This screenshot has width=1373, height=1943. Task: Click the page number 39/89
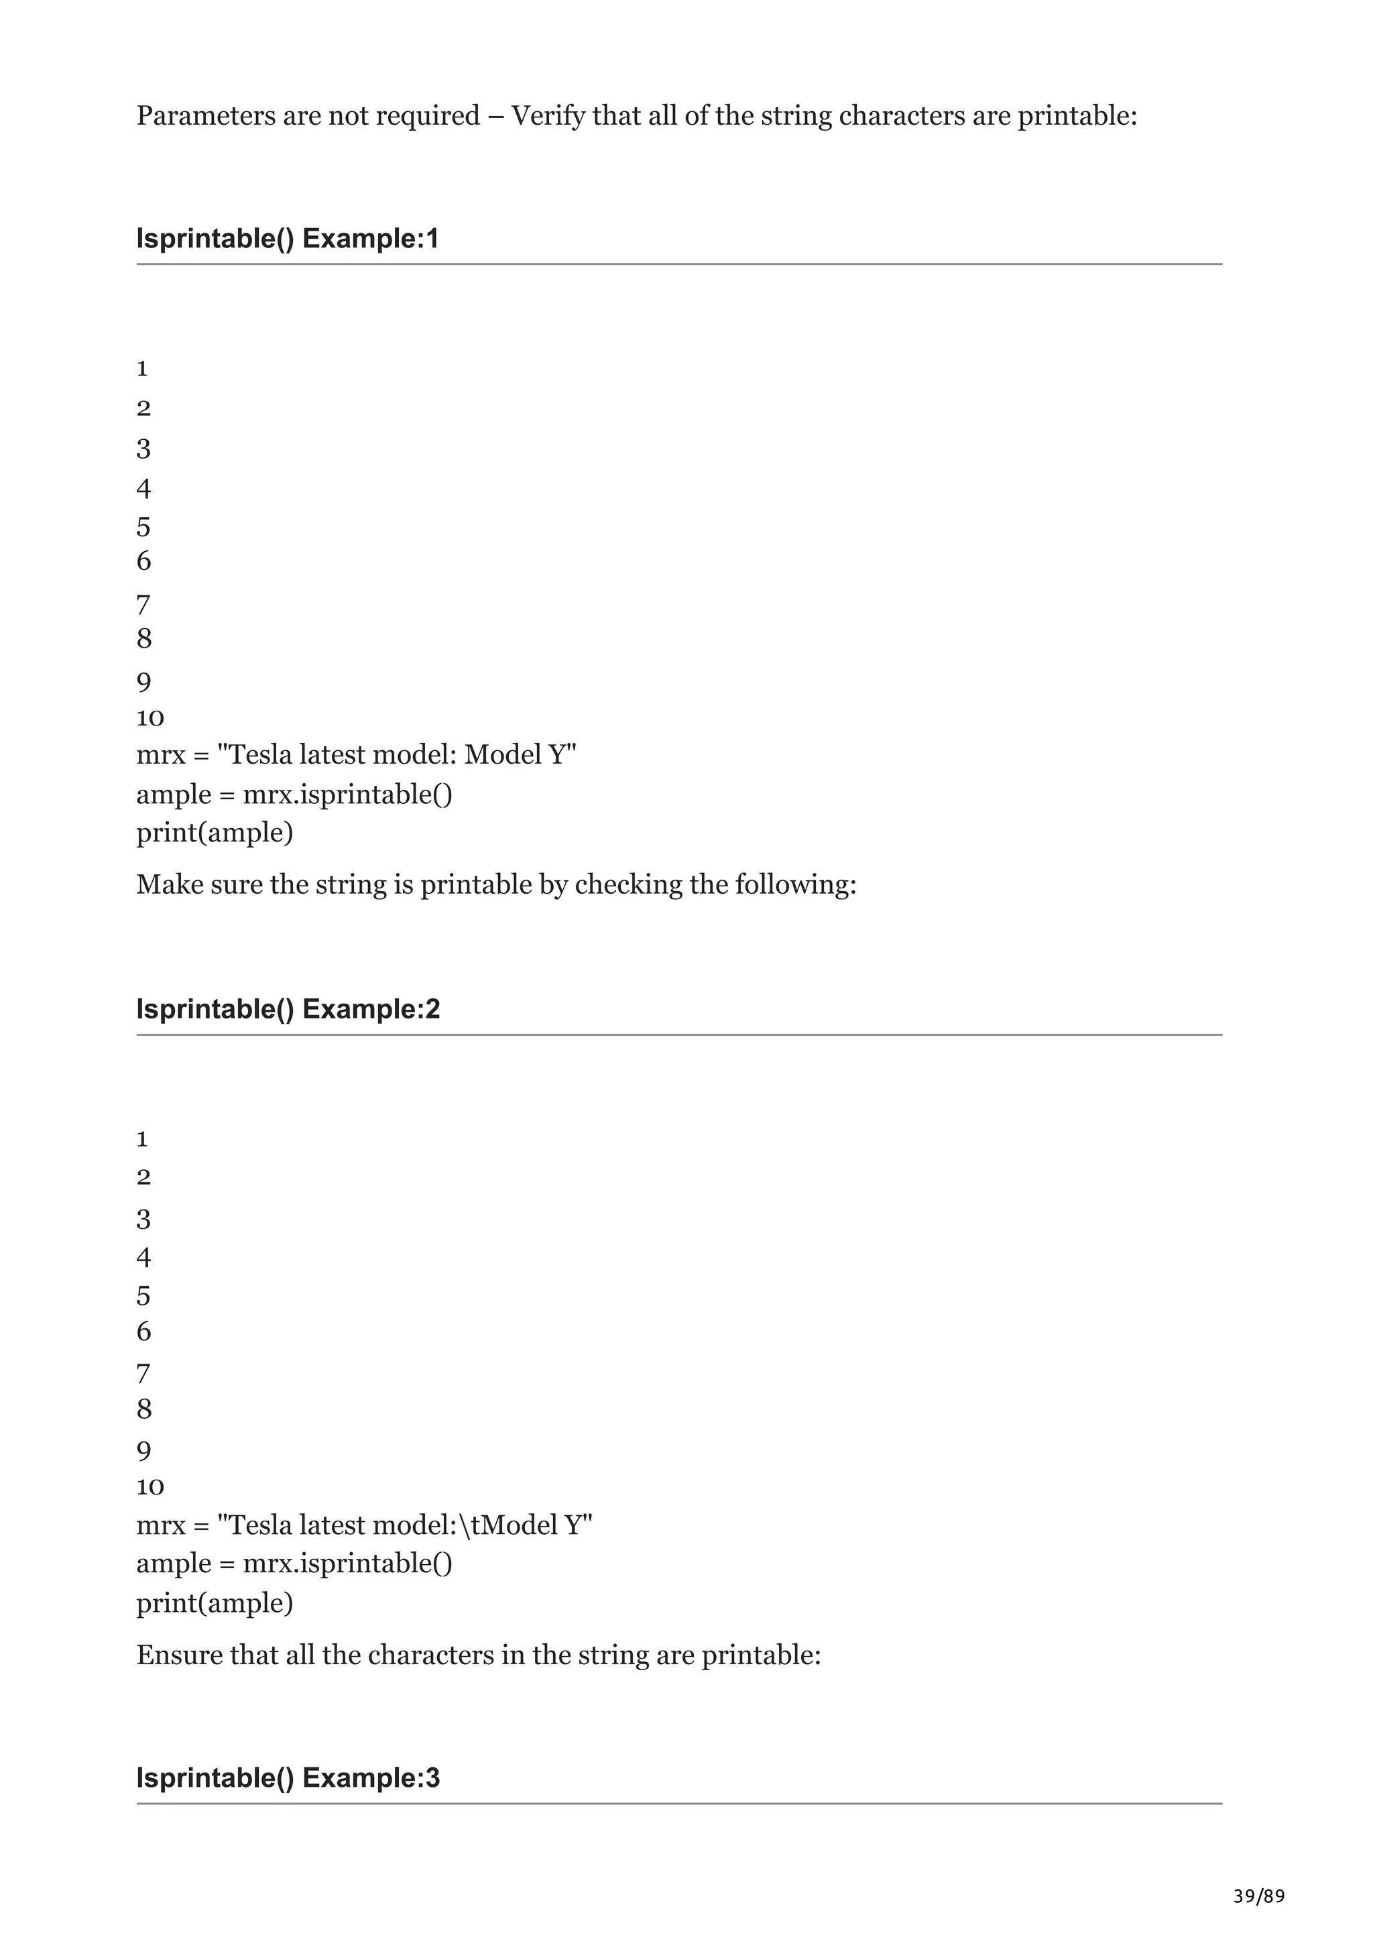pos(1258,1897)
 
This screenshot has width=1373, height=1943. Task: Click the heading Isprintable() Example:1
pos(288,239)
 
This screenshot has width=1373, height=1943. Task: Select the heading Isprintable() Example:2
pos(288,1009)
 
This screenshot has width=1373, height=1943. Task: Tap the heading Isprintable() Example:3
pos(288,1778)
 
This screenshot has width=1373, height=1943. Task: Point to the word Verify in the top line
pos(548,115)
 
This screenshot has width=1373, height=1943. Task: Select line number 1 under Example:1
pos(142,368)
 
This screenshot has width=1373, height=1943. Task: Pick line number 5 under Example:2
pos(143,1295)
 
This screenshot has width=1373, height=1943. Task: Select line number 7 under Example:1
pos(143,605)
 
